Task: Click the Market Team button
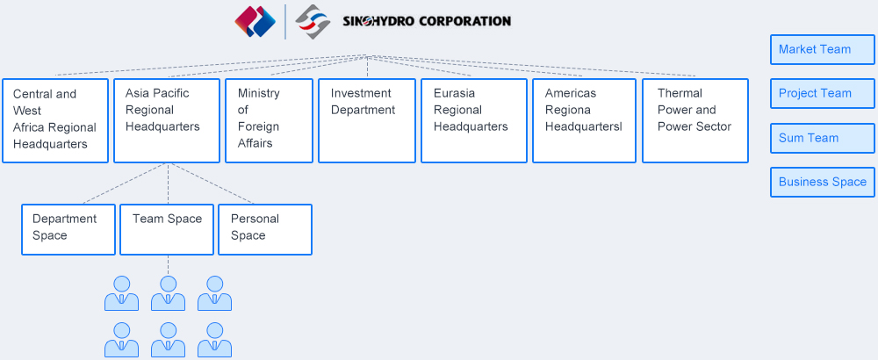(822, 49)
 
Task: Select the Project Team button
(822, 93)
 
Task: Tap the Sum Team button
(822, 138)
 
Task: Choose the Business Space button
(822, 182)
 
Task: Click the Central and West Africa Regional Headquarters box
(55, 120)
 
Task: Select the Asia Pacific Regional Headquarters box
(167, 120)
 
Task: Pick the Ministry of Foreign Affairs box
(270, 120)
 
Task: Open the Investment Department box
(367, 120)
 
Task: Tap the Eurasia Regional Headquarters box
(474, 120)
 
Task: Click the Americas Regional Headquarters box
(585, 120)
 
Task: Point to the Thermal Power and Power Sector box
(695, 120)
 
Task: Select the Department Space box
(68, 229)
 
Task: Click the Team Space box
(167, 229)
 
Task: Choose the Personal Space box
(265, 229)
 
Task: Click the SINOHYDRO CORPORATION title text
(427, 21)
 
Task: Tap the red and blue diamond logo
(255, 21)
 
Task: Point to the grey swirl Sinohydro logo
(313, 21)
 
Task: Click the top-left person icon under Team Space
(121, 293)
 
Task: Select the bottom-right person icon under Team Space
(214, 340)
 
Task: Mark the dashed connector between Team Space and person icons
(168, 265)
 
